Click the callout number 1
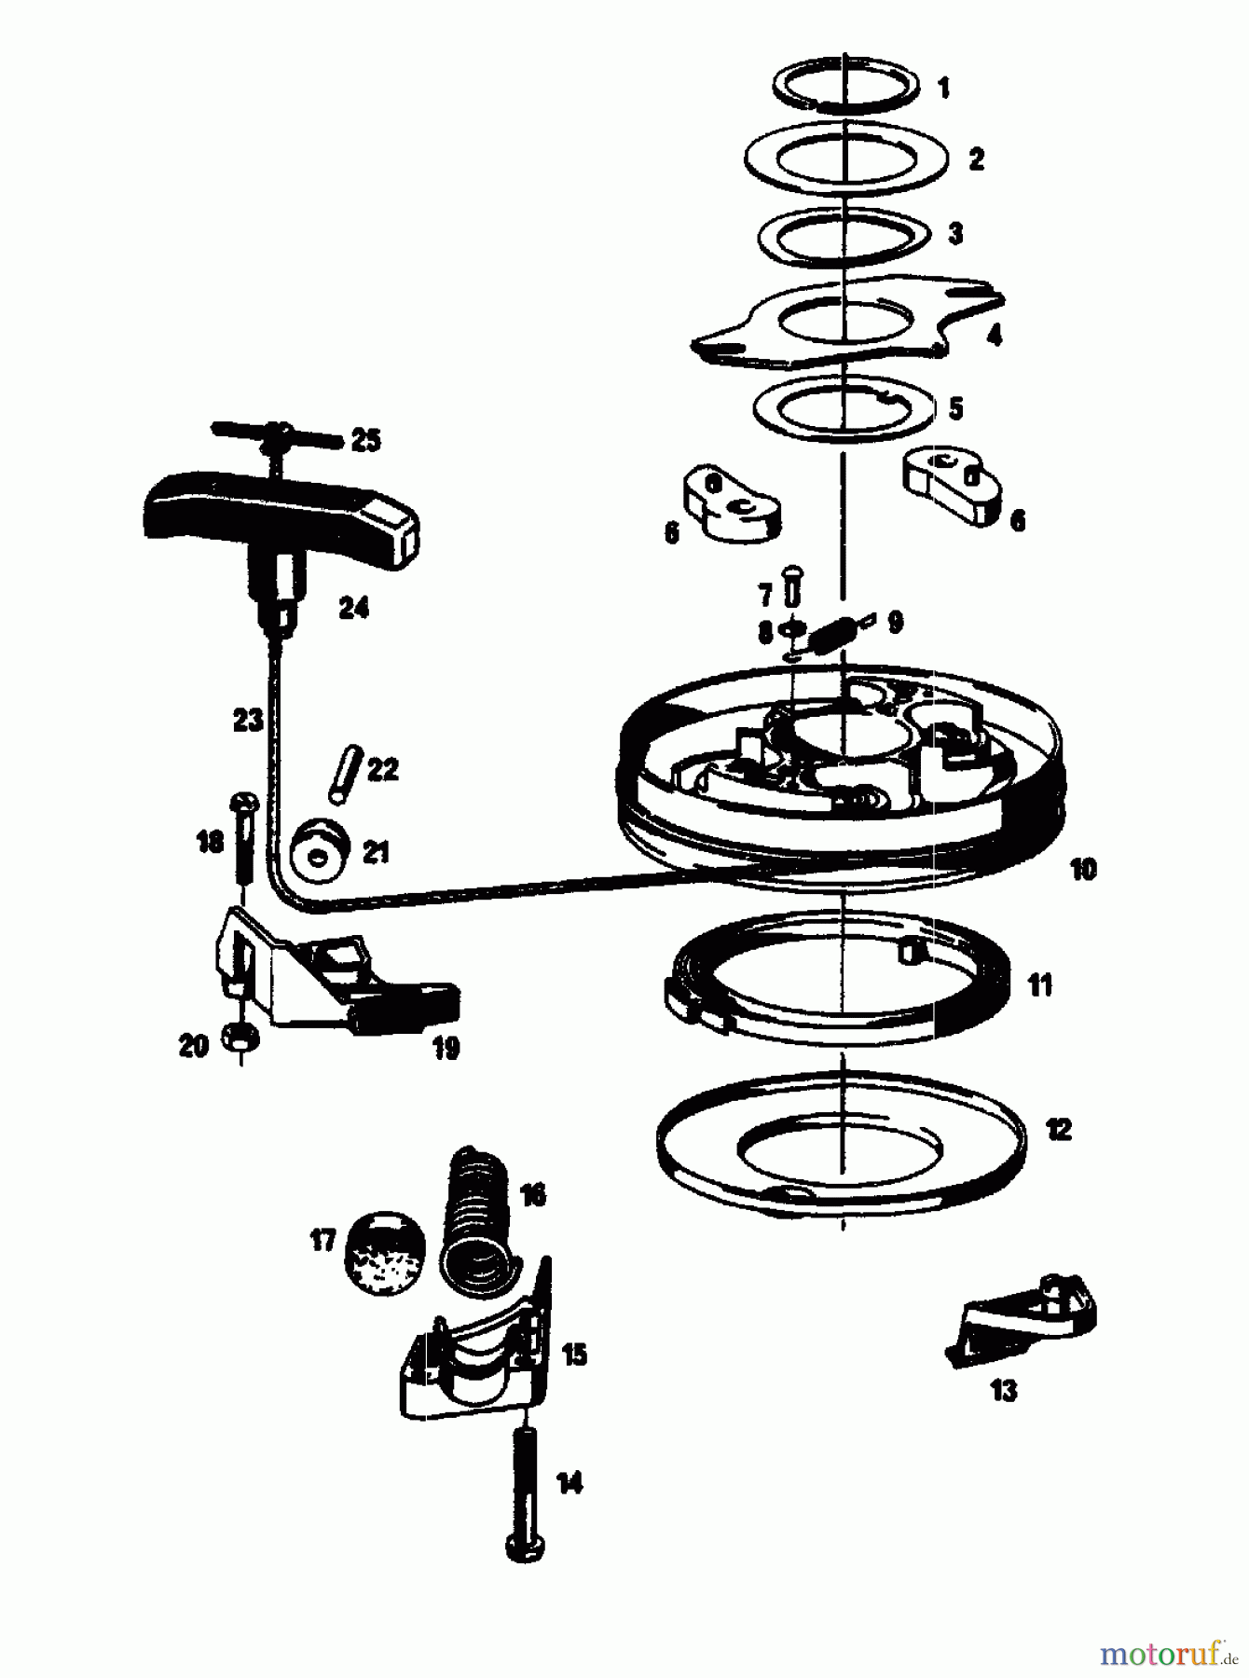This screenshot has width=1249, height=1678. [x=942, y=89]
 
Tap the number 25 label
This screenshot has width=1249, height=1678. [x=365, y=440]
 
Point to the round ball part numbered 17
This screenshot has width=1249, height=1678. [x=384, y=1251]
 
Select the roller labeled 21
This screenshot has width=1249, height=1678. [x=321, y=850]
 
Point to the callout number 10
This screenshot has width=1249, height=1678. [x=1082, y=870]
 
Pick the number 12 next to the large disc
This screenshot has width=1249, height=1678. [x=1058, y=1130]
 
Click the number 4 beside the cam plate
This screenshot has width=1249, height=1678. [x=995, y=336]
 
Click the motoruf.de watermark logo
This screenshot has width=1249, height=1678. [x=1167, y=1653]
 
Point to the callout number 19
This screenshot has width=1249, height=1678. [x=446, y=1048]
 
